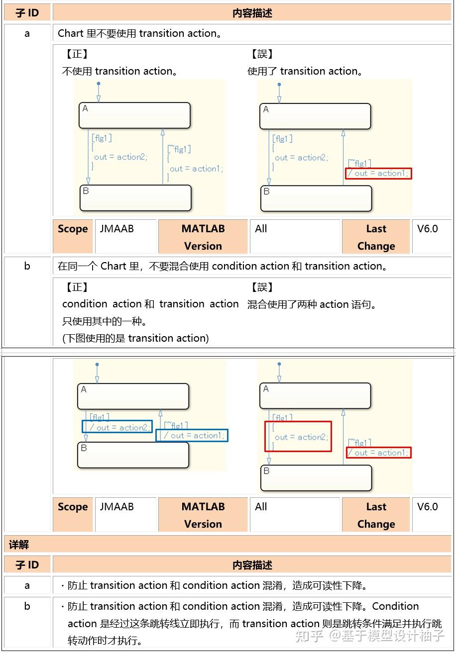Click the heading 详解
click(x=19, y=545)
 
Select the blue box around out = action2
click(x=117, y=427)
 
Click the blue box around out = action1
click(x=192, y=435)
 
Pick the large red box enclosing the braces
click(x=298, y=436)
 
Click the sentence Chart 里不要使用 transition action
click(x=140, y=33)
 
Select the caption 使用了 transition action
click(x=305, y=71)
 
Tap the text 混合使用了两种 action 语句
click(x=312, y=304)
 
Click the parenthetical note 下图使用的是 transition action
click(x=135, y=338)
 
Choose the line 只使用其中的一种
click(x=105, y=321)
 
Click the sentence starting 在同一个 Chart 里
click(x=223, y=266)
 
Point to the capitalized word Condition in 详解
click(x=395, y=606)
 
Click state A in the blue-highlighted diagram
click(x=133, y=396)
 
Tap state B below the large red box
click(x=316, y=478)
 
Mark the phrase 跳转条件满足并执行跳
click(x=388, y=624)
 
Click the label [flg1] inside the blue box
click(x=100, y=417)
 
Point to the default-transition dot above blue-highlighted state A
click(x=97, y=365)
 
